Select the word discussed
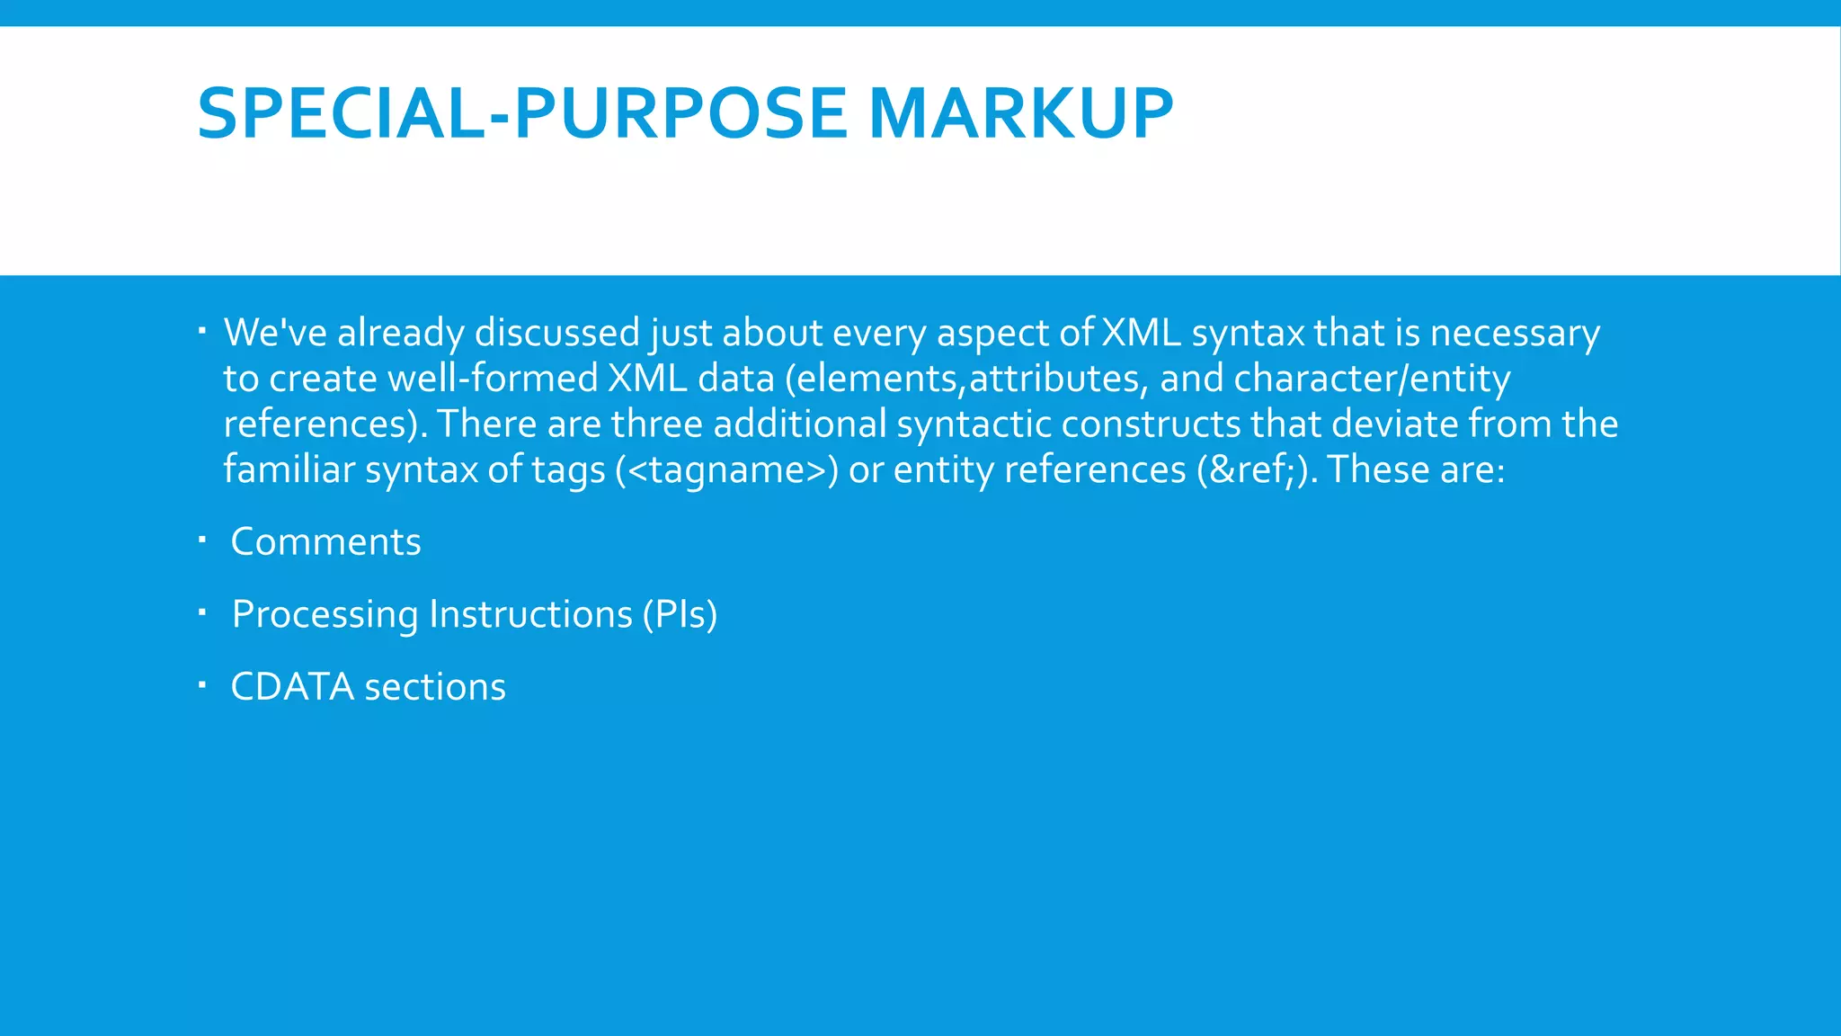pyautogui.click(x=556, y=333)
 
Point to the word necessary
pyautogui.click(x=1515, y=333)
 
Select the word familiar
pyautogui.click(x=289, y=469)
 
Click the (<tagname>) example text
pyautogui.click(x=726, y=469)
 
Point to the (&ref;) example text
pyautogui.click(x=1257, y=469)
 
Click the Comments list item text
pyautogui.click(x=325, y=542)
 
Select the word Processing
pyautogui.click(x=325, y=615)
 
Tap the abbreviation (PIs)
pyautogui.click(x=680, y=615)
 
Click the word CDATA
pyautogui.click(x=292, y=687)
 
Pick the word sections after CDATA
pyautogui.click(x=435, y=687)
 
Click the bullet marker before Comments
pyautogui.click(x=203, y=540)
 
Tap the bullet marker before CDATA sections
pyautogui.click(x=203, y=686)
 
